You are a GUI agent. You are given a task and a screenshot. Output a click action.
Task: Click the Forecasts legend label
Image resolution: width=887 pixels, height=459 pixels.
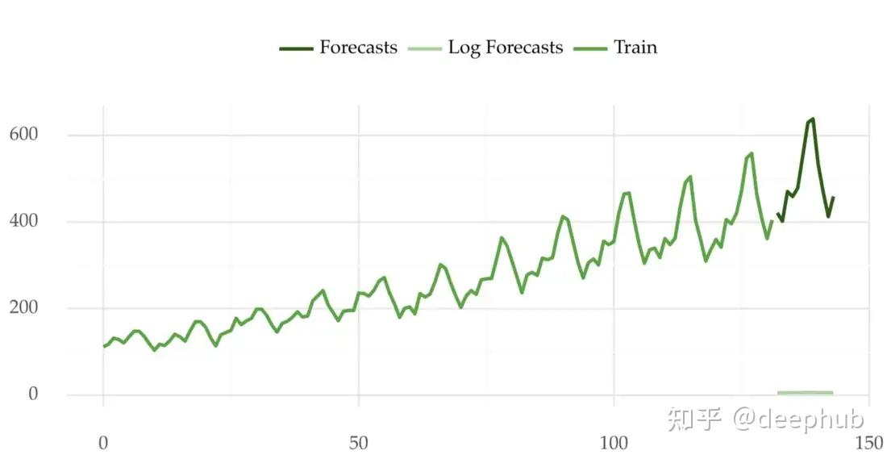click(358, 48)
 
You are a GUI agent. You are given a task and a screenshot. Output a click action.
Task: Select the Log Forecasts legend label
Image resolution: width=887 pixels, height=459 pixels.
click(505, 48)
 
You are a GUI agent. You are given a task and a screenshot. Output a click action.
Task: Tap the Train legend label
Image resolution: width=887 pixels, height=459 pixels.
click(635, 48)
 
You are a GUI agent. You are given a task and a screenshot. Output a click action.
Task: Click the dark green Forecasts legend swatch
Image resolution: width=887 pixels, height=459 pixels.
click(296, 49)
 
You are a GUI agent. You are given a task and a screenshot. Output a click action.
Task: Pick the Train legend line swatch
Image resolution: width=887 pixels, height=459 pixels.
click(590, 49)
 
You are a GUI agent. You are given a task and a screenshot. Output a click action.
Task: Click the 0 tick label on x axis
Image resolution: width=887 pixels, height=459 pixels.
click(103, 443)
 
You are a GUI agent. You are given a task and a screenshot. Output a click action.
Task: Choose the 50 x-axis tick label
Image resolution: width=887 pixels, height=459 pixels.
click(359, 443)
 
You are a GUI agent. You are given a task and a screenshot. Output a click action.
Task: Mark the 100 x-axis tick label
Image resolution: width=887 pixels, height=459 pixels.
click(614, 443)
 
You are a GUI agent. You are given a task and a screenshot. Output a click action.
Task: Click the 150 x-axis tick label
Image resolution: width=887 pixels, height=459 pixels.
click(869, 443)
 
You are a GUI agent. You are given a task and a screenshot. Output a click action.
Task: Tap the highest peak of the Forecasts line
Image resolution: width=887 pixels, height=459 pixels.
click(812, 119)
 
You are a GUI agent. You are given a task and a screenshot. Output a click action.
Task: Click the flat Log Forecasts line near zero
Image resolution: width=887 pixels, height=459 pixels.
click(805, 393)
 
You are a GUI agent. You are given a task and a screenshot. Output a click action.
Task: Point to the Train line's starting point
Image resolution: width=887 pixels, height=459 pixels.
click(104, 346)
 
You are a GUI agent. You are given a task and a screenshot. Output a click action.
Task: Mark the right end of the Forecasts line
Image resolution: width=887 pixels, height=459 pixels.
click(833, 197)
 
